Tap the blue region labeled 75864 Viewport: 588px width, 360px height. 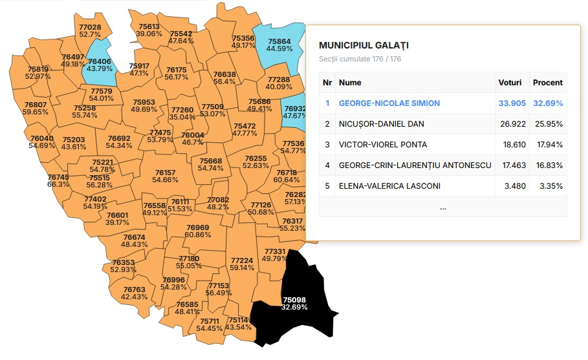click(x=279, y=44)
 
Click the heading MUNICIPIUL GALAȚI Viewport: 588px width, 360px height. click(x=364, y=45)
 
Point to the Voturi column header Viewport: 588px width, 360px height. click(x=510, y=83)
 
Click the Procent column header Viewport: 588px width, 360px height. click(x=547, y=83)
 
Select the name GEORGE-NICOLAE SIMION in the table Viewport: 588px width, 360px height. click(x=389, y=103)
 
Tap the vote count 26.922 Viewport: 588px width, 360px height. click(x=512, y=124)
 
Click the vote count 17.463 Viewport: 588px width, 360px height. click(x=512, y=165)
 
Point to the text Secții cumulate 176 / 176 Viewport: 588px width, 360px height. click(x=360, y=59)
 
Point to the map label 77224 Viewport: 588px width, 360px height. click(x=242, y=261)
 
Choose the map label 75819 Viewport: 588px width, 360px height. click(x=38, y=70)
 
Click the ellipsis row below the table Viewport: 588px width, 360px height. click(x=442, y=207)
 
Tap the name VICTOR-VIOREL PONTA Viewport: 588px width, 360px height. click(x=383, y=145)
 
